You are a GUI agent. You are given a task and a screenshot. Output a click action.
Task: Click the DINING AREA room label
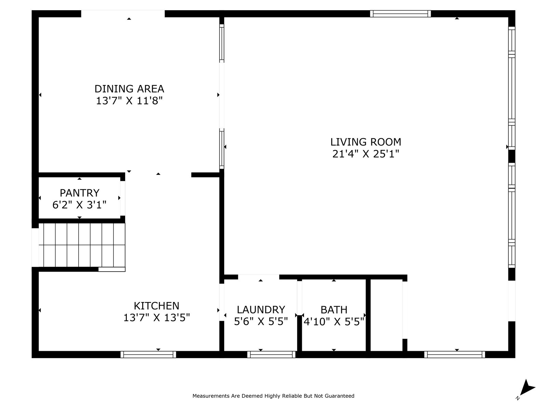[x=129, y=88]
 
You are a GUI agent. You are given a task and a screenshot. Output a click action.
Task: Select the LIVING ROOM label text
[x=365, y=142]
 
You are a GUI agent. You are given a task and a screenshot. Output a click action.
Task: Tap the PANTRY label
[x=80, y=193]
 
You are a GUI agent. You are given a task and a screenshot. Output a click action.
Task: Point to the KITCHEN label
[x=157, y=306]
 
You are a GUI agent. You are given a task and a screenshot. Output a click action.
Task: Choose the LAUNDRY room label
[x=261, y=310]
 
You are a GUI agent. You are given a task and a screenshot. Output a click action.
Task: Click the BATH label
[x=334, y=310]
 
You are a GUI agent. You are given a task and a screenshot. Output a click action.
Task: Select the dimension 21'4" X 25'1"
[x=365, y=154]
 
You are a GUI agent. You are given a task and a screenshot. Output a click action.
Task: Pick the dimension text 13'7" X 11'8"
[x=129, y=101]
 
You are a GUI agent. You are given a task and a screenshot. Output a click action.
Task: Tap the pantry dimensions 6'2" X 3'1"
[x=79, y=205]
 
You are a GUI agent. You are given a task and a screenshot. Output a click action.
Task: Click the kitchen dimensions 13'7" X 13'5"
[x=157, y=318]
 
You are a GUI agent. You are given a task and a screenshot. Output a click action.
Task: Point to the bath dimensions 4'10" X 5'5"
[x=334, y=322]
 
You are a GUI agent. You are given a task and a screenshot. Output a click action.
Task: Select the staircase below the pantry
[x=82, y=245]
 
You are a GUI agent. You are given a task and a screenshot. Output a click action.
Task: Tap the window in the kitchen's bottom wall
[x=148, y=354]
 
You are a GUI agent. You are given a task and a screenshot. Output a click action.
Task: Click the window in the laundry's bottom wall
[x=271, y=354]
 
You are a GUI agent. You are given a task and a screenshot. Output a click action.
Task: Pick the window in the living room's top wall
[x=400, y=14]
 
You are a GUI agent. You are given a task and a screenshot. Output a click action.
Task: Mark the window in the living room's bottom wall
[x=455, y=354]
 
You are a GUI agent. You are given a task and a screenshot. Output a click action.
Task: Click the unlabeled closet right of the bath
[x=386, y=315]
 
